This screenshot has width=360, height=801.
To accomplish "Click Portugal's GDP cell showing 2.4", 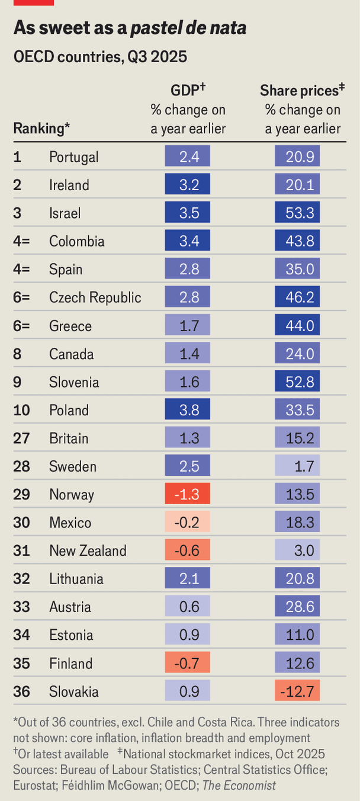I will click(x=187, y=157).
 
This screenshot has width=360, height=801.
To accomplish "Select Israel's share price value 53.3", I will click(x=297, y=213).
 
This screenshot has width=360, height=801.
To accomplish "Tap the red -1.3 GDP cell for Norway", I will click(x=187, y=495).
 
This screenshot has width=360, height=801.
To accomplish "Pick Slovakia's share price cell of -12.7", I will click(x=297, y=691).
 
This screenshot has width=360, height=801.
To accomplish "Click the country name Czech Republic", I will click(x=95, y=297).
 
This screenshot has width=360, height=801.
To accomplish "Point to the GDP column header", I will click(x=187, y=91).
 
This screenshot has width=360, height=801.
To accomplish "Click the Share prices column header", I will click(x=303, y=91).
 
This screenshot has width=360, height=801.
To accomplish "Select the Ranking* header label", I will click(x=41, y=128).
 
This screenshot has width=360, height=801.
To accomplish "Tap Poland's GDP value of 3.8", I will click(x=187, y=410).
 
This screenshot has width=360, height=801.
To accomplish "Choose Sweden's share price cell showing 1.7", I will click(x=297, y=466).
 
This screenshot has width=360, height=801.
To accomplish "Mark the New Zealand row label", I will click(x=88, y=551).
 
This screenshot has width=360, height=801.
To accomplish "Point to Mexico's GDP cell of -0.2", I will click(x=187, y=523).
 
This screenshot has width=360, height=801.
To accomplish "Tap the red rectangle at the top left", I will click(x=33, y=2).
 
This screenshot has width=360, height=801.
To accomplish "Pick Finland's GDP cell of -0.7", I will click(x=187, y=663).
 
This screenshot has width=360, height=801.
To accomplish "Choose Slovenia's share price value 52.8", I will click(x=297, y=382).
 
